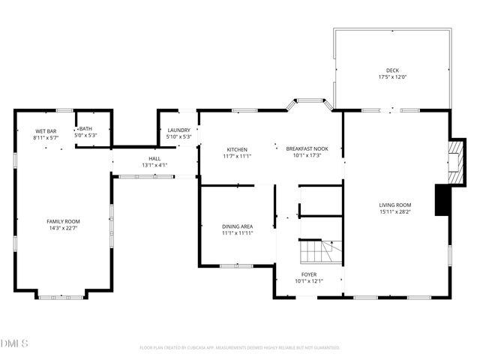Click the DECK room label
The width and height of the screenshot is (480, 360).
click(x=393, y=70)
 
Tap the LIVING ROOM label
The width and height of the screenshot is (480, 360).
click(x=394, y=205)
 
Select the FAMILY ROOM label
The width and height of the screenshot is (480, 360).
click(x=63, y=221)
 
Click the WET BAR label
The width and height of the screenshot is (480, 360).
click(x=46, y=131)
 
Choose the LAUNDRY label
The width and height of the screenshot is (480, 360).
click(x=178, y=130)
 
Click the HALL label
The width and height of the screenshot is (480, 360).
click(x=154, y=158)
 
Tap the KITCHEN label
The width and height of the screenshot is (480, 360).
click(x=237, y=149)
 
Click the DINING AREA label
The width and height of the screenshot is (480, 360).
click(x=237, y=226)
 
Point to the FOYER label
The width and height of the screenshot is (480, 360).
click(x=308, y=274)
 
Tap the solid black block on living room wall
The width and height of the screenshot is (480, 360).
click(x=442, y=200)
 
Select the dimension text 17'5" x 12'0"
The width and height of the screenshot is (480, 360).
click(x=393, y=77)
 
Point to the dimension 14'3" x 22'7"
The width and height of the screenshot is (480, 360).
click(x=63, y=229)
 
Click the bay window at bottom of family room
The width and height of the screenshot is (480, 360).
click(x=61, y=295)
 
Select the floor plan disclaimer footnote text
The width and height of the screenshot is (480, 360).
click(x=240, y=347)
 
